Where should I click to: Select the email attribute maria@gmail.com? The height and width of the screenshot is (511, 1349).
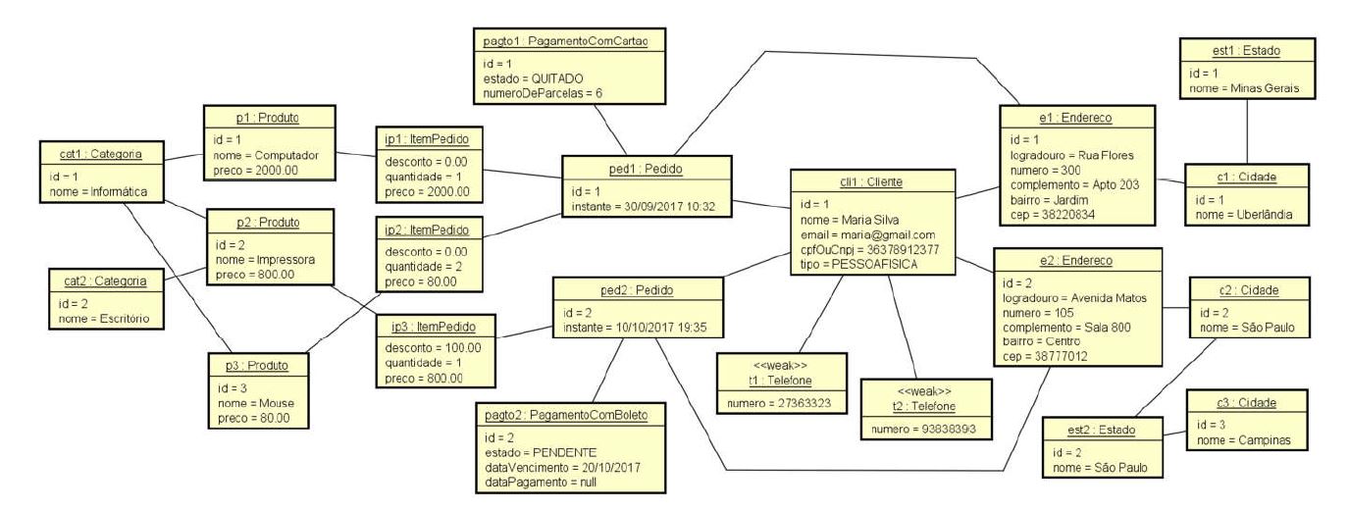[868, 234]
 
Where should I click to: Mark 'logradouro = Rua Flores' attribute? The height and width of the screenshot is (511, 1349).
[1072, 155]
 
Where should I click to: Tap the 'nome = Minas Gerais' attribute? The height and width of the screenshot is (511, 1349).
[1245, 88]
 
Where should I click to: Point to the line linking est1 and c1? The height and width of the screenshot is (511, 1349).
[1246, 131]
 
